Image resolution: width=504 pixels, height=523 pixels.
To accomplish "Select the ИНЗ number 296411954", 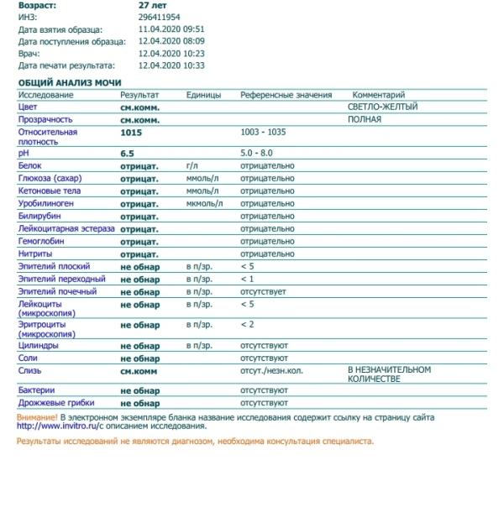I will pos(160,17).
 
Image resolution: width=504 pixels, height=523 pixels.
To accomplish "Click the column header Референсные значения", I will pos(286,95).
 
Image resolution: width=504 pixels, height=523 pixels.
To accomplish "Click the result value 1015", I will pos(131,133).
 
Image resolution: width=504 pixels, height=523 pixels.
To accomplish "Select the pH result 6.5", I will pos(127,154).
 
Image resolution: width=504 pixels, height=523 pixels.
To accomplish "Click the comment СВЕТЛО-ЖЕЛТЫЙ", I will pos(382,107).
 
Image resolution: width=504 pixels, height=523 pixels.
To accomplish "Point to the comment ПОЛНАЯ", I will pos(365,119).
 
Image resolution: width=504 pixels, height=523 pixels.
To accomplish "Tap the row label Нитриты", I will pos(35,254).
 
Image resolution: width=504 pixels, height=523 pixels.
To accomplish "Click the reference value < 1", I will pos(247,279).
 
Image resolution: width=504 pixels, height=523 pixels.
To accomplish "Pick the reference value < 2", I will pos(247,324).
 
